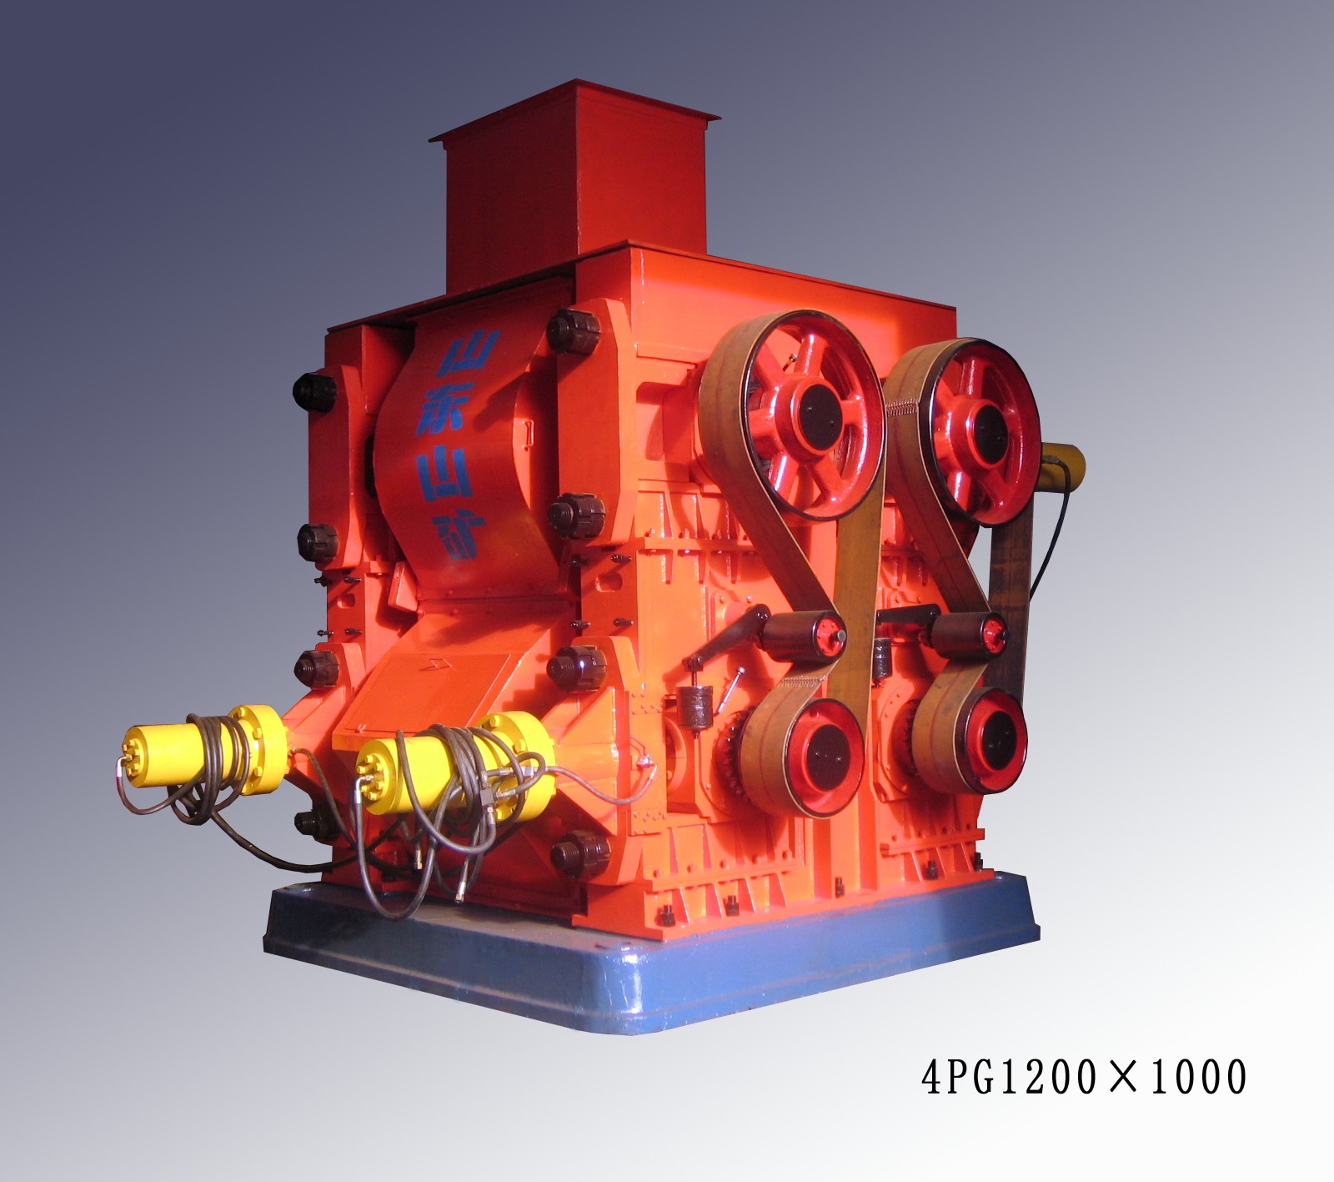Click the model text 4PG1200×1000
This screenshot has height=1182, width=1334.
click(x=1083, y=1077)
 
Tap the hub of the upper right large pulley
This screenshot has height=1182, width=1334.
click(x=983, y=422)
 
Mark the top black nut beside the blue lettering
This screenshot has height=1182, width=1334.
click(x=574, y=329)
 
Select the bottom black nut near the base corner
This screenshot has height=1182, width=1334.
click(x=579, y=854)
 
